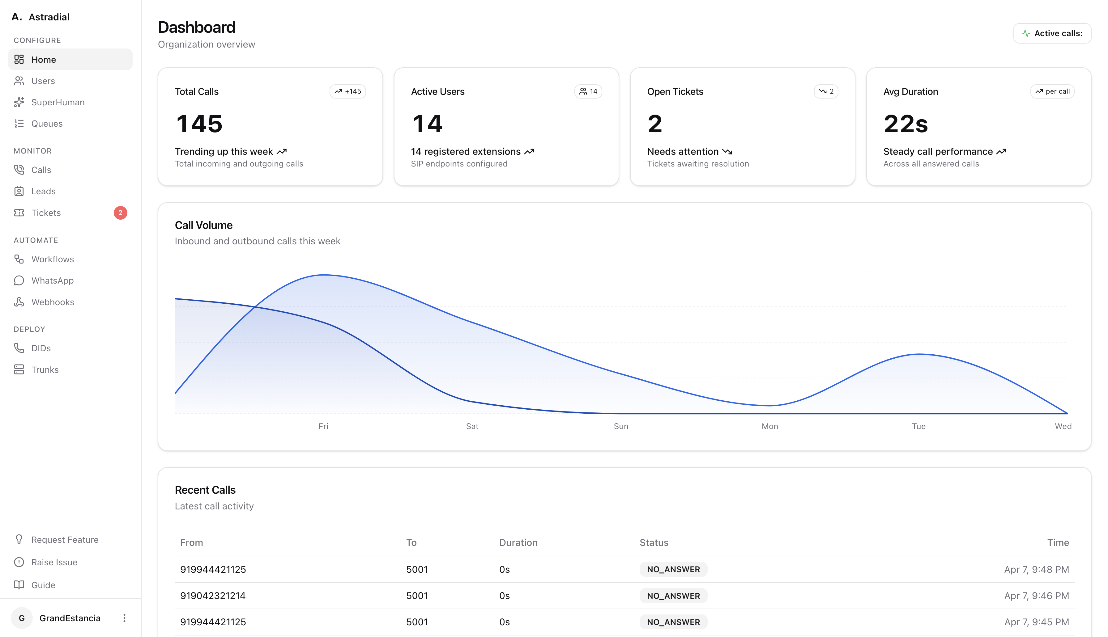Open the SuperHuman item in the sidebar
click(x=58, y=102)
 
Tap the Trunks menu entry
click(x=45, y=370)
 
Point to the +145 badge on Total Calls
click(x=347, y=91)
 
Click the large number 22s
click(x=905, y=124)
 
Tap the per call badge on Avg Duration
click(x=1052, y=91)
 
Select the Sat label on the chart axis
click(x=472, y=426)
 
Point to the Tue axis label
click(x=918, y=426)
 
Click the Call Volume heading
click(x=203, y=225)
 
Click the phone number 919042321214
click(x=213, y=595)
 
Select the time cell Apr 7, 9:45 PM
click(x=1036, y=622)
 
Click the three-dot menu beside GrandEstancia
click(x=124, y=618)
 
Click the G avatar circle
click(x=21, y=618)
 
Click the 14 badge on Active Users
click(x=588, y=91)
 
